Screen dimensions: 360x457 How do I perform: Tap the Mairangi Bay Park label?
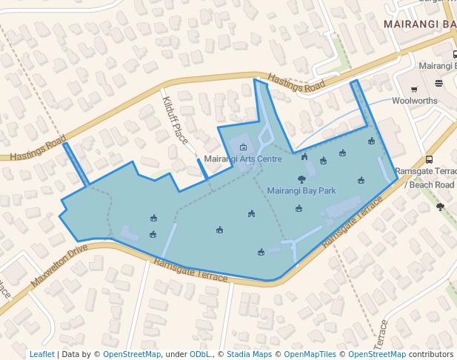point(301,190)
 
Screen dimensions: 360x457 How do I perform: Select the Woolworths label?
point(414,100)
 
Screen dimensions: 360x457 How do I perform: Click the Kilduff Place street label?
point(176,120)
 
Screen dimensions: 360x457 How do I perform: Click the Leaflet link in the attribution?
point(41,354)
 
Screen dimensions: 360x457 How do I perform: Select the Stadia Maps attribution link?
point(249,354)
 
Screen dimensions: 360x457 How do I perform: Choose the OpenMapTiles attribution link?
point(316,354)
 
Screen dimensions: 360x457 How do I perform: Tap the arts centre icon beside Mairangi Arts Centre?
point(243,147)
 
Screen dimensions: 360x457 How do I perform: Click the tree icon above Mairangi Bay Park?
point(301,179)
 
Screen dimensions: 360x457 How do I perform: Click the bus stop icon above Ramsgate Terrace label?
point(430,159)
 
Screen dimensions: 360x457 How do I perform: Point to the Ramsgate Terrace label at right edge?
point(425,171)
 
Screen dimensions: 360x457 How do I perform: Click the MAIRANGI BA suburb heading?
point(419,24)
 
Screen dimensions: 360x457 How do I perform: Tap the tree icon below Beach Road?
point(441,207)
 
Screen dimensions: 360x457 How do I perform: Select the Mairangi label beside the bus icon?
point(436,66)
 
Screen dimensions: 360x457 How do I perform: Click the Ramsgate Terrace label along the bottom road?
point(191,270)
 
